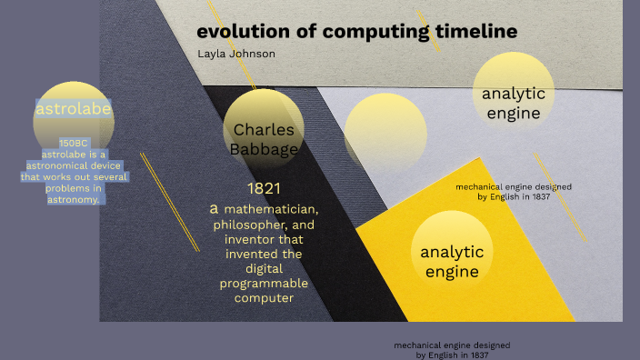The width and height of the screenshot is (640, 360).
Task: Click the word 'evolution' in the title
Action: [x=239, y=32]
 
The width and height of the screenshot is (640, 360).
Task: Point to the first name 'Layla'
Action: [x=213, y=55]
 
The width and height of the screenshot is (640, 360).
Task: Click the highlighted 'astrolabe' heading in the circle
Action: [x=73, y=110]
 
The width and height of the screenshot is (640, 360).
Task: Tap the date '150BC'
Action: [x=74, y=143]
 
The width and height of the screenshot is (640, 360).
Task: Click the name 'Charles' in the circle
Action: [x=264, y=129]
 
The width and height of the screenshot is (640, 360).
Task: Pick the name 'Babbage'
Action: [x=264, y=149]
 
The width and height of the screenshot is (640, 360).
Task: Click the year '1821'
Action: [x=264, y=189]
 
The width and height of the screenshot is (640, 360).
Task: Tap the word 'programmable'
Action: [x=264, y=283]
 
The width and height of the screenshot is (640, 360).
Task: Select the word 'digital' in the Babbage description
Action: [x=264, y=268]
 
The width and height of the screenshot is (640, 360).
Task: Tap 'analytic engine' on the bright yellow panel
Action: [x=452, y=262]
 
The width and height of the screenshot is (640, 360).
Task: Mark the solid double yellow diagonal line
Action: [x=170, y=200]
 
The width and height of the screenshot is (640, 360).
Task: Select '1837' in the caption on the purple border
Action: [x=477, y=355]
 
